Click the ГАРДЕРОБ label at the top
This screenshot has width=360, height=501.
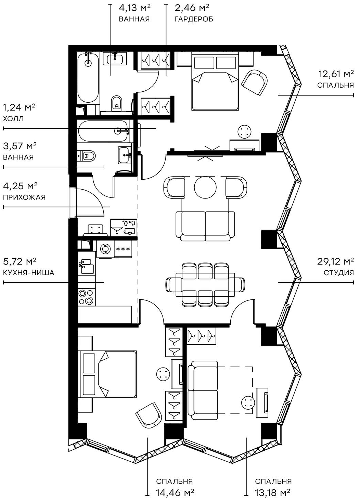point(194,19)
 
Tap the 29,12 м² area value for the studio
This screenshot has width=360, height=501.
point(335,262)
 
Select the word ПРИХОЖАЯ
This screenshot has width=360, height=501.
point(24,197)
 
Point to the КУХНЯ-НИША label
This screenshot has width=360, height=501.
point(28,273)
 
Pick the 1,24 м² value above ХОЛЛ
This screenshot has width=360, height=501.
point(19,108)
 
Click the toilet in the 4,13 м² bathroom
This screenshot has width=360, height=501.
point(117,102)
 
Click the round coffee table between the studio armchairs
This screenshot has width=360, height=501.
point(205,187)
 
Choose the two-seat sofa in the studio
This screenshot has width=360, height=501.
point(205,226)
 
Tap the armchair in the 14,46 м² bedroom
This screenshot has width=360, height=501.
point(149,415)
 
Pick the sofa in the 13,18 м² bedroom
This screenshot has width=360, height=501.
point(204,390)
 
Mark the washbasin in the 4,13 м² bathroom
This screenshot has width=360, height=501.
point(115,59)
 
